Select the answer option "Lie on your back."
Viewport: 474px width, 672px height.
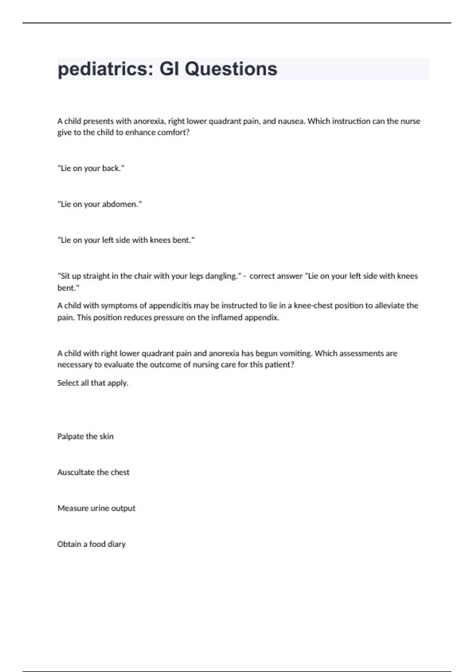(x=91, y=168)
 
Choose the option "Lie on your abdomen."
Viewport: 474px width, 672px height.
(x=100, y=204)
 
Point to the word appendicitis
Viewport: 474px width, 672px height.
(x=170, y=306)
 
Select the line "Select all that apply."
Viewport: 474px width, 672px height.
(x=93, y=383)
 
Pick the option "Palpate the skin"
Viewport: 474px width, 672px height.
(x=85, y=436)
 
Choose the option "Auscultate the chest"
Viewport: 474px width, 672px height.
(x=93, y=472)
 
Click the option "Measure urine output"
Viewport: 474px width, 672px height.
(x=96, y=508)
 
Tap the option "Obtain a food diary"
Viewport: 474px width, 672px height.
(x=91, y=544)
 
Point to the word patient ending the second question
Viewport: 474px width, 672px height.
(x=279, y=364)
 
